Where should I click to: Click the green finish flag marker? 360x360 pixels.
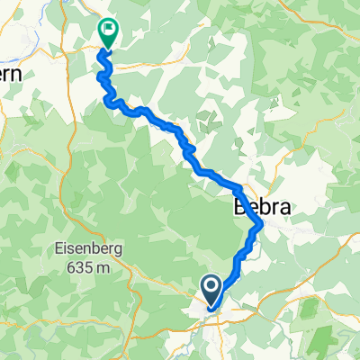pyautogui.click(x=107, y=33)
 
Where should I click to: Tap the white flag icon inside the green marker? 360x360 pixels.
pyautogui.click(x=107, y=31)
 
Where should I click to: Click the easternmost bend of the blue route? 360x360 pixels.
pyautogui.click(x=262, y=223)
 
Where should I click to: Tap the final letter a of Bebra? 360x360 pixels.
pyautogui.click(x=273, y=206)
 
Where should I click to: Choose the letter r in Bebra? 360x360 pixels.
pyautogui.click(x=262, y=206)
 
